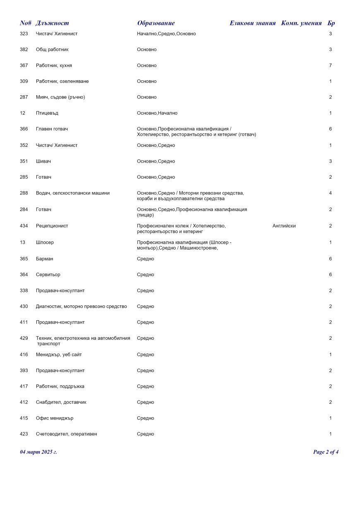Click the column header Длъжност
click(52, 23)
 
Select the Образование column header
click(156, 23)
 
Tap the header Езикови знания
click(252, 23)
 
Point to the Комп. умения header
click(301, 23)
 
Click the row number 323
click(24, 34)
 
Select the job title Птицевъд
click(47, 113)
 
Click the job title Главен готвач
click(52, 129)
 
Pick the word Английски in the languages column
click(284, 226)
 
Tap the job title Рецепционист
click(52, 226)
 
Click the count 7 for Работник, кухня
click(330, 65)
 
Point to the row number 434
click(24, 226)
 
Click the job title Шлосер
click(45, 242)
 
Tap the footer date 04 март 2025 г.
click(38, 452)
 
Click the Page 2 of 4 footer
click(326, 452)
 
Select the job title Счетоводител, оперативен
click(67, 434)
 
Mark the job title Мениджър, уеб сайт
click(59, 355)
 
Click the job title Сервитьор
click(48, 275)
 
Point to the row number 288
click(24, 193)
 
